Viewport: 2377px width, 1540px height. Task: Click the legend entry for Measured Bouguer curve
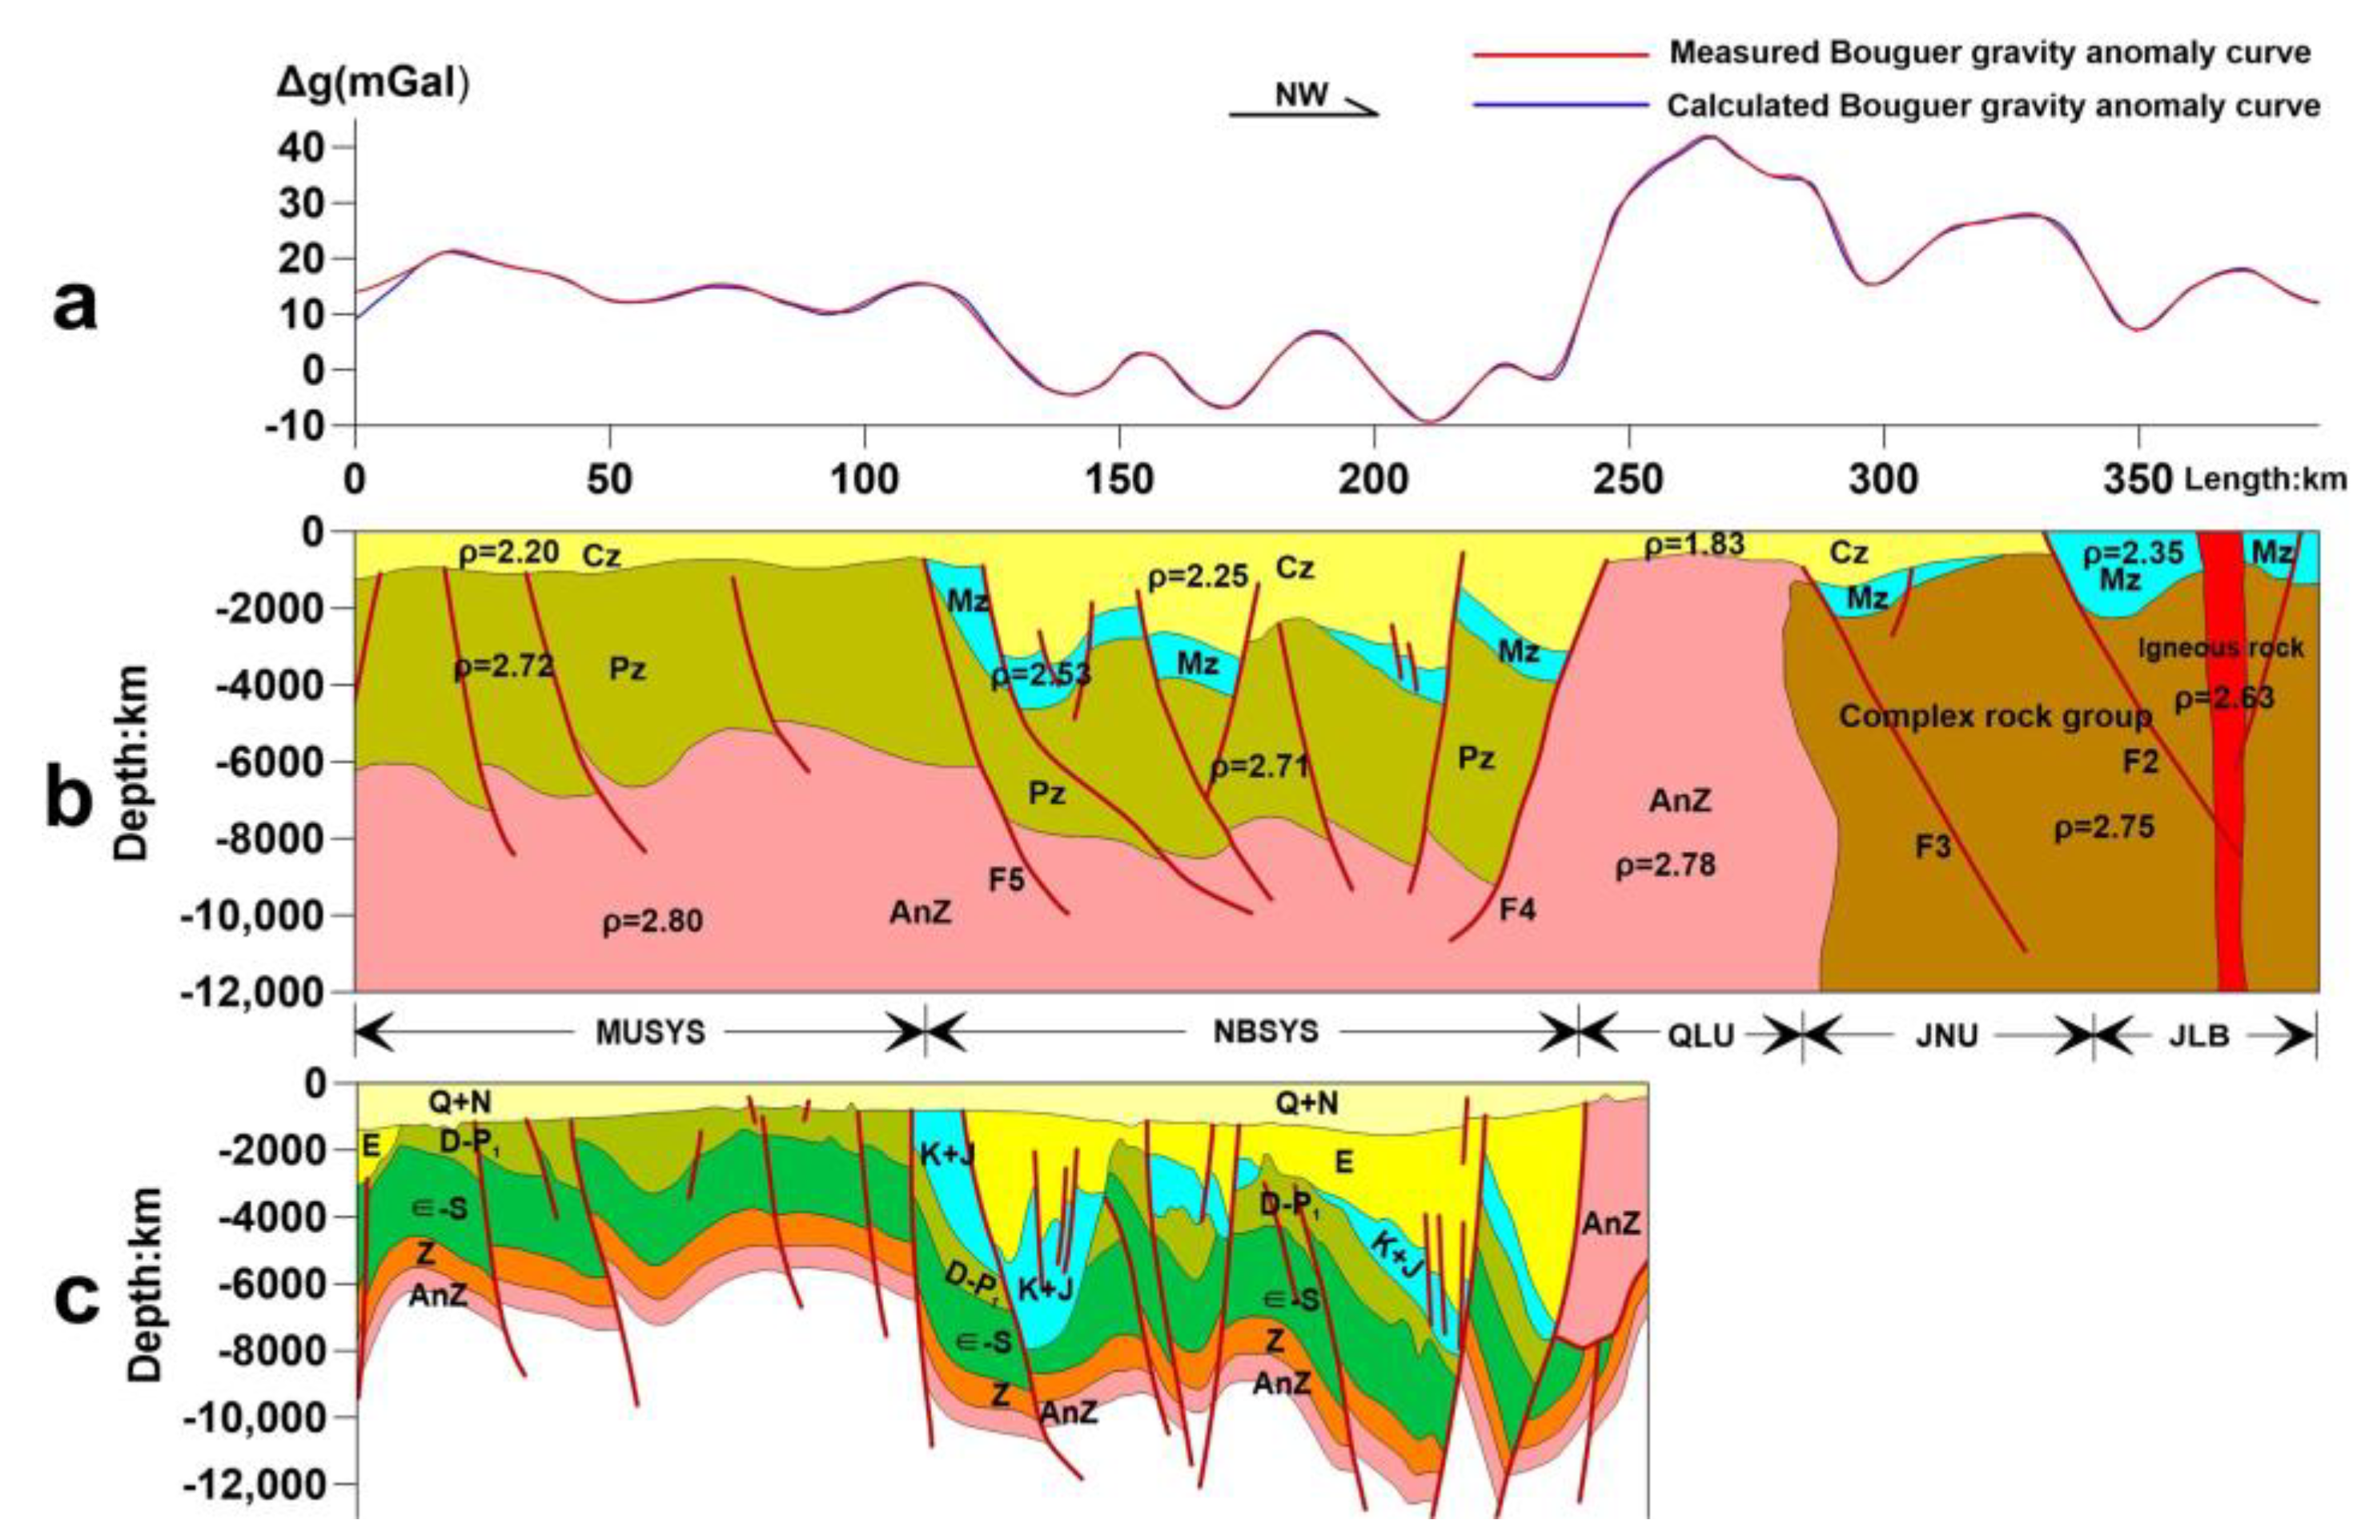coord(1987,53)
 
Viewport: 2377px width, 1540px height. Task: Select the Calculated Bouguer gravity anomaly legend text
coord(1993,106)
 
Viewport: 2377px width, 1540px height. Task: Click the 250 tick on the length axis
coord(1629,480)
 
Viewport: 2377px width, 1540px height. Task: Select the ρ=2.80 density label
coord(652,921)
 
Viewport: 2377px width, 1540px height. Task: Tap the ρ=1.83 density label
coord(1694,545)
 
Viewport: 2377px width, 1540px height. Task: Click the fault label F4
coord(1517,910)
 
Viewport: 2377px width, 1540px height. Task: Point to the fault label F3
coord(1933,847)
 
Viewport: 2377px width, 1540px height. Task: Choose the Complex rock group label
coord(1994,716)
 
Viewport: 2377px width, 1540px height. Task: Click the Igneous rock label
coord(2219,648)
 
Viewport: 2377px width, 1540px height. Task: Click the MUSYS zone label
coord(650,1032)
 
